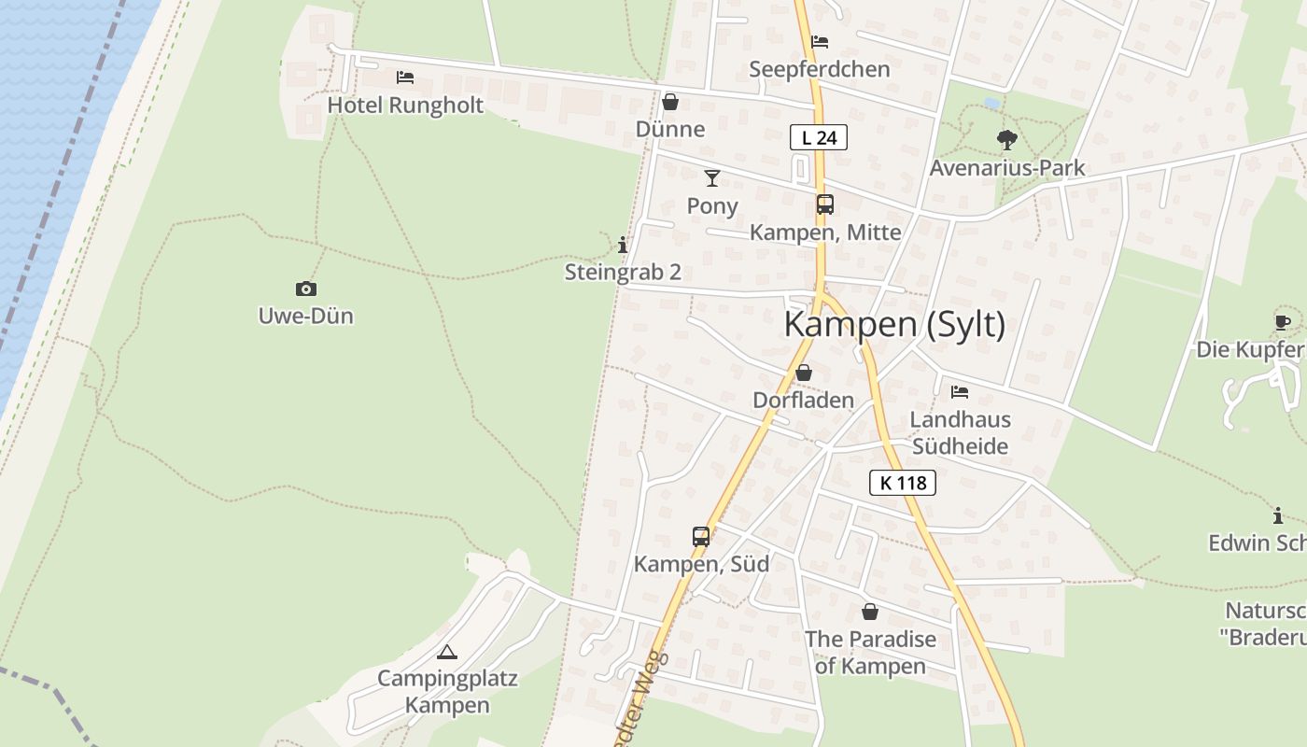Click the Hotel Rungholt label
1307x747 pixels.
coord(405,106)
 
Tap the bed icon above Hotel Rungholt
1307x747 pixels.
coord(404,78)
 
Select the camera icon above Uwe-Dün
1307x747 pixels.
coord(305,289)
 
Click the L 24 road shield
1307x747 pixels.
coord(819,138)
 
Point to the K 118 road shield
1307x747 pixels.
coord(903,483)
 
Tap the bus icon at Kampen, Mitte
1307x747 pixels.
coord(824,204)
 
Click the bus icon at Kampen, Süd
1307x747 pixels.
coord(701,536)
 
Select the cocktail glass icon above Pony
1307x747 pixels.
coord(712,177)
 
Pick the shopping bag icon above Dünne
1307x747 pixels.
coord(669,102)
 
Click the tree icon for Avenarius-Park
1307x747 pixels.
coord(1006,140)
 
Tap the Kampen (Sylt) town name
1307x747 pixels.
coord(894,324)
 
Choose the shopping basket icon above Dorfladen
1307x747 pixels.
coord(803,373)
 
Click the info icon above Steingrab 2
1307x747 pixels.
coord(623,245)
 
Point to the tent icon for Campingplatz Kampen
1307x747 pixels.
coord(447,651)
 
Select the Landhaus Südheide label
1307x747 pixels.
coord(960,432)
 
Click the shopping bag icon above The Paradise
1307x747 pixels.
coord(870,612)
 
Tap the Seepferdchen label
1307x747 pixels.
coord(820,69)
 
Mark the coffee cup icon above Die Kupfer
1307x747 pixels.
coord(1283,322)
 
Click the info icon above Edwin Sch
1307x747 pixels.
coord(1278,515)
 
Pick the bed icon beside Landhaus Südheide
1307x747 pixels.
coord(960,392)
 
